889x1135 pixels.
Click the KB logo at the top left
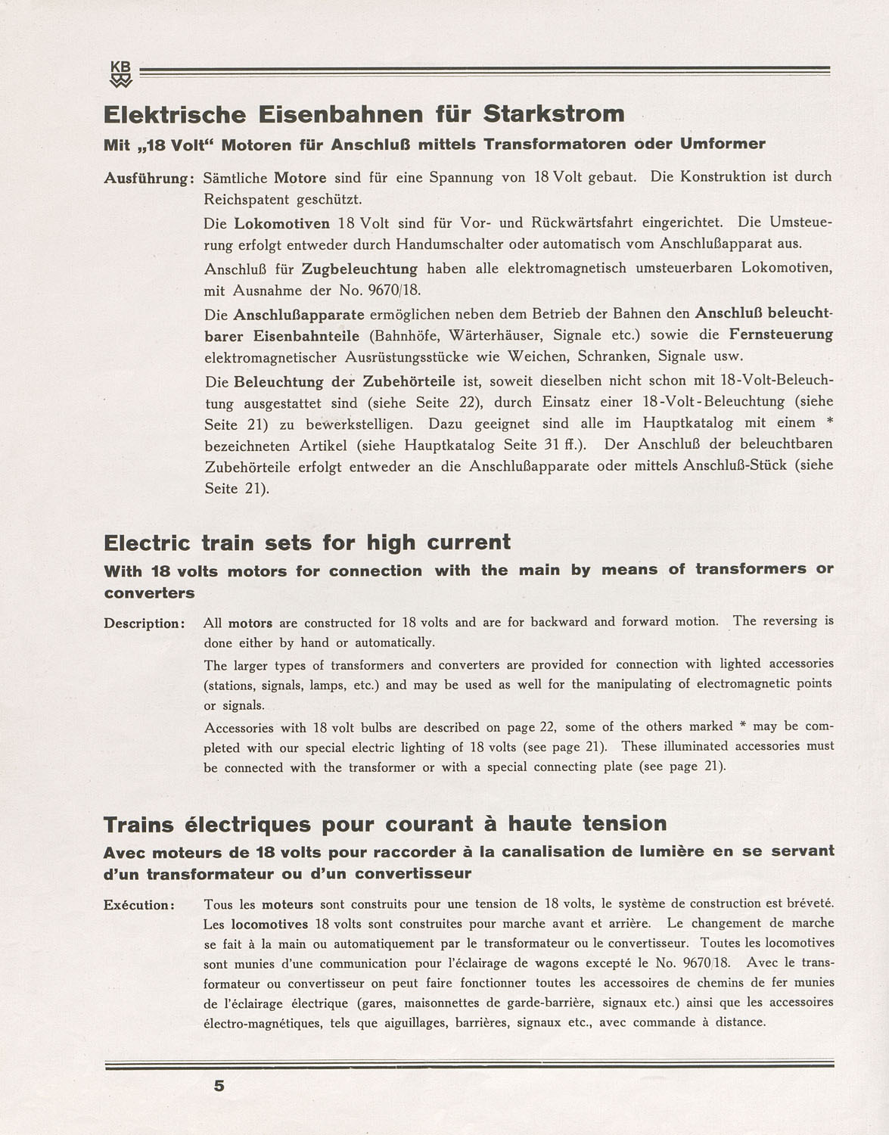point(121,73)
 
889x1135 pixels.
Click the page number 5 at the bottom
point(219,1086)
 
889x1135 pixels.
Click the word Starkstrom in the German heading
point(554,114)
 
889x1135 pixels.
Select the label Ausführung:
point(150,179)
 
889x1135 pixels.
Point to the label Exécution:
point(140,905)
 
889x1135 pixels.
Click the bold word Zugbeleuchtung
point(359,269)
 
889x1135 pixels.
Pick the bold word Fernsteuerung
point(781,334)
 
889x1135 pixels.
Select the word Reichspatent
point(246,200)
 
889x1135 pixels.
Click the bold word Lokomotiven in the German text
point(281,223)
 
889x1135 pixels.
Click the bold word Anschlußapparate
point(299,314)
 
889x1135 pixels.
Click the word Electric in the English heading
point(147,543)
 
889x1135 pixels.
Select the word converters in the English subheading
point(149,593)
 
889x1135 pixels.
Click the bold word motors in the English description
point(250,623)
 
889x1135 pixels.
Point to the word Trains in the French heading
point(137,824)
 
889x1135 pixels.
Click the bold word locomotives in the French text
point(269,924)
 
